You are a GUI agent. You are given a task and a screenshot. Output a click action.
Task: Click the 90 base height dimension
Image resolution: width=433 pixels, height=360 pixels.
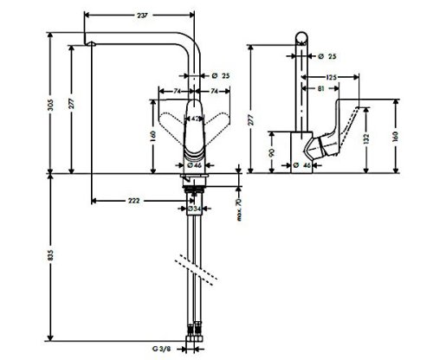coord(271,152)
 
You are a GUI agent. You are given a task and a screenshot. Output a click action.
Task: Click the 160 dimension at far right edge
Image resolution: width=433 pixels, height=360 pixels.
coord(395,135)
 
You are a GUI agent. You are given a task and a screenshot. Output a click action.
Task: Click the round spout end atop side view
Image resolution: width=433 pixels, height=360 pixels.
coord(301,37)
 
